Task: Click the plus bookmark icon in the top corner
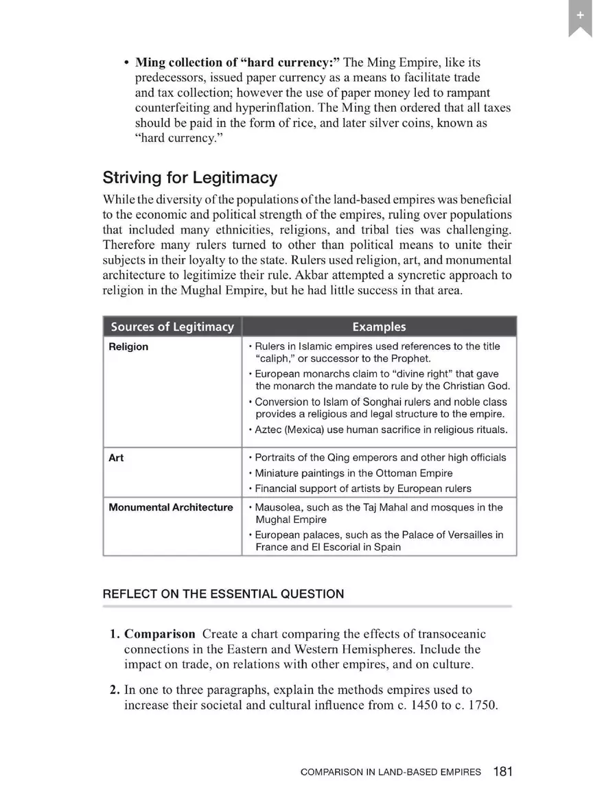click(580, 15)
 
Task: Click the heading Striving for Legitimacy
click(189, 178)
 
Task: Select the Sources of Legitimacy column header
click(172, 327)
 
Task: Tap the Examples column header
click(379, 327)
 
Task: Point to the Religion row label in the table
click(128, 347)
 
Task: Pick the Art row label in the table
click(116, 458)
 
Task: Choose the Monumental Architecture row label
click(171, 508)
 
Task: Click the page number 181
click(502, 771)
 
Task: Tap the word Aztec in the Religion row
click(268, 430)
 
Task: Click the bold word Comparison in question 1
click(159, 634)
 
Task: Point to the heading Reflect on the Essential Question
click(223, 594)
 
